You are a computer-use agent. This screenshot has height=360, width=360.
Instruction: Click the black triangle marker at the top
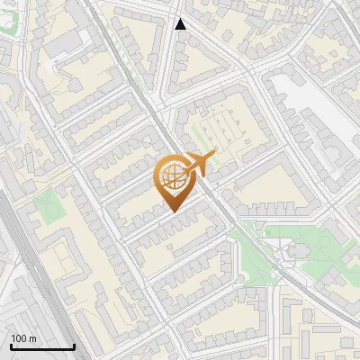(180, 24)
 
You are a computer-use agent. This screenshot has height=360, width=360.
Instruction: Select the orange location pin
(173, 180)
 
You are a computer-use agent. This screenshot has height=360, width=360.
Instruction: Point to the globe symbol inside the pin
(173, 177)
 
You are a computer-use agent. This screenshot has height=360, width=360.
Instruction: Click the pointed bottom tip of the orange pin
(173, 211)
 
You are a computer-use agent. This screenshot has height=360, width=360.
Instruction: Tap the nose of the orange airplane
(213, 157)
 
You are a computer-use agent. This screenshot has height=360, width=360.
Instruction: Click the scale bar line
(41, 347)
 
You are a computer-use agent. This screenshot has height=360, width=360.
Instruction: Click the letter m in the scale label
(32, 338)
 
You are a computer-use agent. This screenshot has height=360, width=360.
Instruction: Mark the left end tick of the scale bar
(10, 346)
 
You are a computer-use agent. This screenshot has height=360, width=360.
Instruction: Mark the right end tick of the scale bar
(74, 346)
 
